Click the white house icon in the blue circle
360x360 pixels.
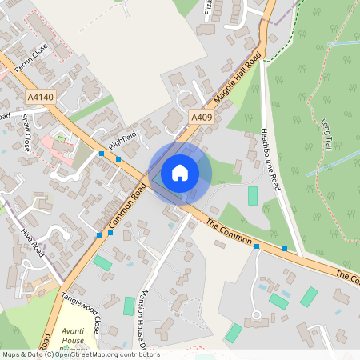180,172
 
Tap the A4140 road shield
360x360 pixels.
40,97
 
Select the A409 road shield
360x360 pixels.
202,118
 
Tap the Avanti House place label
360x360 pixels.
74,339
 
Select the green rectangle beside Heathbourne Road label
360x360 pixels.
253,195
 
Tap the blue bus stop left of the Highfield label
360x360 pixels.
102,153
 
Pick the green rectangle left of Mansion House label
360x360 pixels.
129,306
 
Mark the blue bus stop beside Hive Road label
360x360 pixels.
98,234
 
